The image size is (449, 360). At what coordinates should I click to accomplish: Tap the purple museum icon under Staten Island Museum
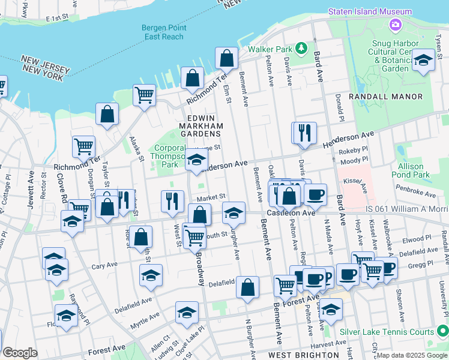pyautogui.click(x=396, y=25)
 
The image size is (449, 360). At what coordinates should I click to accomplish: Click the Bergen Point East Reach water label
pyautogui.click(x=163, y=32)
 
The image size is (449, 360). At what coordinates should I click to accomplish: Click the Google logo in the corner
pyautogui.click(x=20, y=353)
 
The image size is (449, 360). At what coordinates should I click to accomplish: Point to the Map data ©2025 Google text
pyautogui.click(x=411, y=355)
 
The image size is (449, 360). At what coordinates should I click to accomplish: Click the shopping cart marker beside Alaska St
pyautogui.click(x=144, y=95)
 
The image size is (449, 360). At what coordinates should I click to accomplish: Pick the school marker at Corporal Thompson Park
pyautogui.click(x=196, y=160)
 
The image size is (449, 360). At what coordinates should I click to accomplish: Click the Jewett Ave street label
pyautogui.click(x=31, y=192)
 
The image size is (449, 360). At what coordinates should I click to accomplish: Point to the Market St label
pyautogui.click(x=211, y=196)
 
